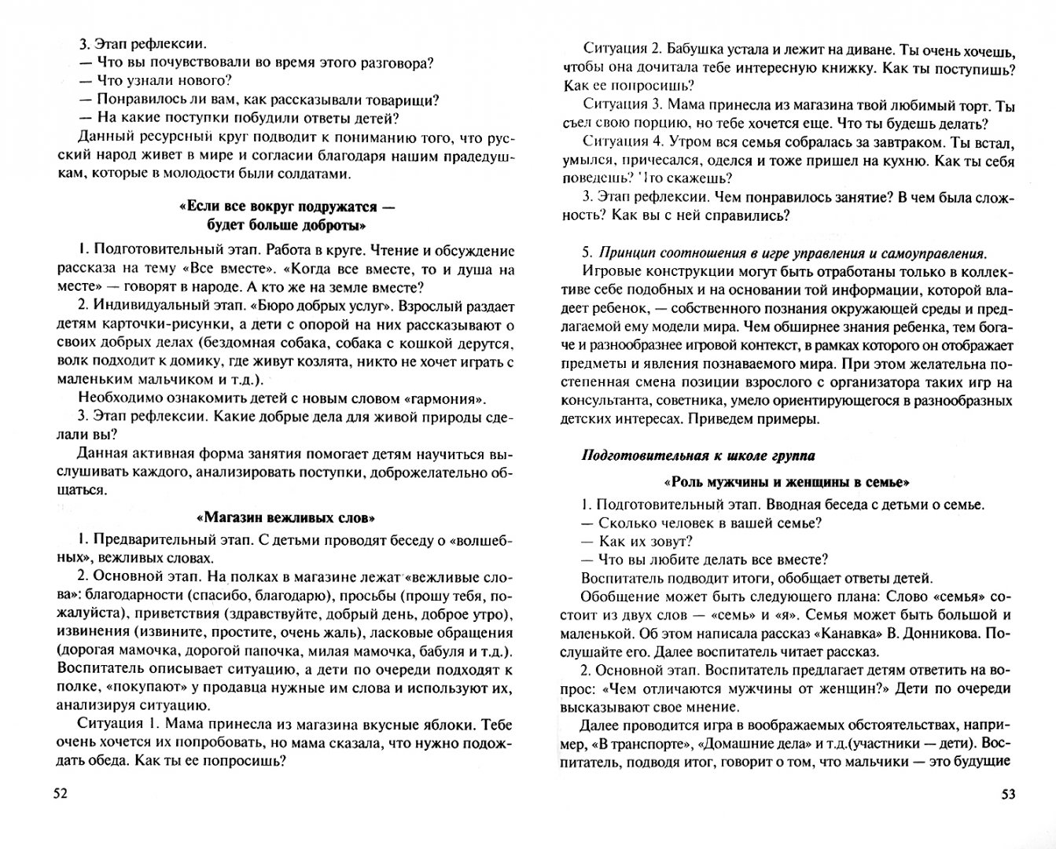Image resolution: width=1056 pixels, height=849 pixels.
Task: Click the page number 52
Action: [x=60, y=793]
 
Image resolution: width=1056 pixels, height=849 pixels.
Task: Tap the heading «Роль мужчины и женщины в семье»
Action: [x=786, y=482]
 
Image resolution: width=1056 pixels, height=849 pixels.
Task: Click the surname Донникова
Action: [x=922, y=633]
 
